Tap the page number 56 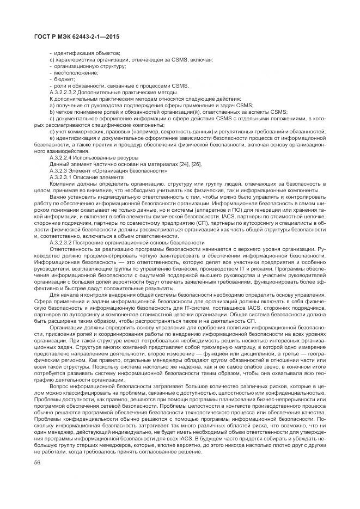(x=38, y=462)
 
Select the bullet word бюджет (x=64, y=79)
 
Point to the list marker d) (x=52, y=131)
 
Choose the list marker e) (x=52, y=138)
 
